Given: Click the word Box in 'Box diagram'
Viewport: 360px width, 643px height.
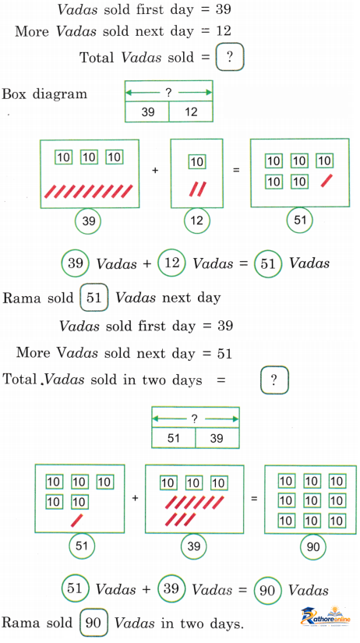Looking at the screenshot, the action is (15, 94).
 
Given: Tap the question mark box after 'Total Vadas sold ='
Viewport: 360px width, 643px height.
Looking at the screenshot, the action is (230, 57).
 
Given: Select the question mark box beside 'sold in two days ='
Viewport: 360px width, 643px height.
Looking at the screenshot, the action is (274, 380).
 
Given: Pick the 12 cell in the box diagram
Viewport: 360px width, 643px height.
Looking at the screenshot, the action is (191, 112).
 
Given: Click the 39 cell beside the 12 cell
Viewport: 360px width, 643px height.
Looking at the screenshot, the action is (147, 112).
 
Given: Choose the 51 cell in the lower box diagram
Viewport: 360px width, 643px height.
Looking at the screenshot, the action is (174, 438).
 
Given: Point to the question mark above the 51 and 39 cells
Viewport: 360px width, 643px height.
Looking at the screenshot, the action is (194, 419).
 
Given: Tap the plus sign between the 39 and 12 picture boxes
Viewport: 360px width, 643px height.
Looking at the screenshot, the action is (155, 170).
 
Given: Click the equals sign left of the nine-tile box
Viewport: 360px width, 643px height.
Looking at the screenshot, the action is (254, 499).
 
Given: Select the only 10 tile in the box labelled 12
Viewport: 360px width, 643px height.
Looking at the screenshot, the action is (197, 161).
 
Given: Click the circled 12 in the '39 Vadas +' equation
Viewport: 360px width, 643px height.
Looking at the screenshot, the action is (171, 263).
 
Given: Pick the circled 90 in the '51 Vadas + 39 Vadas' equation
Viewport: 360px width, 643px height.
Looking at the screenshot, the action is (267, 590).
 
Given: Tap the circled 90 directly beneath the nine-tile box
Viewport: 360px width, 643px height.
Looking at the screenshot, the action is (313, 546).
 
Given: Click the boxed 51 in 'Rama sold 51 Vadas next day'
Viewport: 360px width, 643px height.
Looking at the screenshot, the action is (94, 297).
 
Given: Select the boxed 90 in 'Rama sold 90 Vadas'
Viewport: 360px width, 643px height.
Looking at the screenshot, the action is (94, 623).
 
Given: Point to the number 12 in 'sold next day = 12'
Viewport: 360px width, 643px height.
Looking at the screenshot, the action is (224, 30).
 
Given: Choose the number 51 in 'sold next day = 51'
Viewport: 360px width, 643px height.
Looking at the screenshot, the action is (224, 352).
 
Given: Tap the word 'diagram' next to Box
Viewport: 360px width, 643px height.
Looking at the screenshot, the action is (60, 94).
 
